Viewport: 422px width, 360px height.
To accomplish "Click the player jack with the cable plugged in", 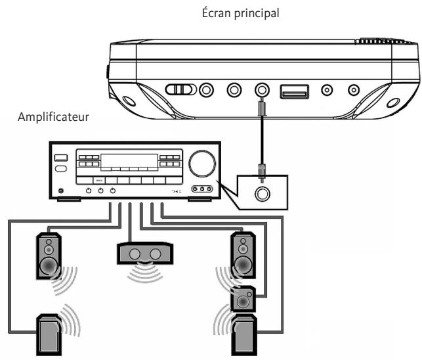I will click(261, 90).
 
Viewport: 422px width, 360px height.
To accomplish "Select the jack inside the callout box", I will click(261, 193).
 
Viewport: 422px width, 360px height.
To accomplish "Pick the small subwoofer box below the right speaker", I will click(243, 300).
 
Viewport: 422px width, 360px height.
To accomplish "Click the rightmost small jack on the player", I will click(354, 90).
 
